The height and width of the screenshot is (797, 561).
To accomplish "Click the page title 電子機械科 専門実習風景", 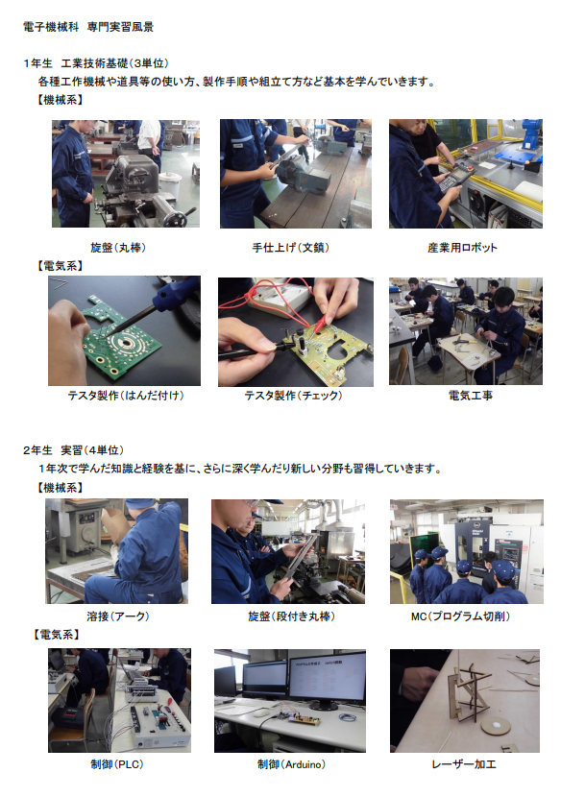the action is [x=88, y=27].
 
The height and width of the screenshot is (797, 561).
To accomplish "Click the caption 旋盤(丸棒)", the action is [x=118, y=248].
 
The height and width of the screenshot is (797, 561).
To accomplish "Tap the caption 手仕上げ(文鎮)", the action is [x=291, y=248].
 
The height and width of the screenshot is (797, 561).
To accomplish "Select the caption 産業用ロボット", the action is [x=462, y=248].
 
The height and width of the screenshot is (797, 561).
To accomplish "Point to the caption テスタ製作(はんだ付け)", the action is [x=126, y=396].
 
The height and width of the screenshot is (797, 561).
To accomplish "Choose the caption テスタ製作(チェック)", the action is [x=294, y=396].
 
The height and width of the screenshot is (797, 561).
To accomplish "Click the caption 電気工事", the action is [x=471, y=396].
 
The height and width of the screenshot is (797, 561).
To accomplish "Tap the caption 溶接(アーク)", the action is [x=118, y=616].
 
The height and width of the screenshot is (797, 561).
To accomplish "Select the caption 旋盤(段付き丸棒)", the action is [x=291, y=616].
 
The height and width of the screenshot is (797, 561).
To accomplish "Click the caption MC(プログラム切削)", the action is [x=460, y=616].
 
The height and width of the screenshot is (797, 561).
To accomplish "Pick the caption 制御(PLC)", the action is [x=117, y=764].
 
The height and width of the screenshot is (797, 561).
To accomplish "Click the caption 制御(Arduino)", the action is [x=291, y=764].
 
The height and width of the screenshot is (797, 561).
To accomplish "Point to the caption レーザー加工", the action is [x=464, y=764].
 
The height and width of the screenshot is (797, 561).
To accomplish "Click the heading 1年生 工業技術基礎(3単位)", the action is [x=96, y=63].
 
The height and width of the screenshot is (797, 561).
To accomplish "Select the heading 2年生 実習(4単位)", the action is [x=73, y=450].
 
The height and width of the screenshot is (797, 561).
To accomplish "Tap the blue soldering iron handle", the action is [x=176, y=294].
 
